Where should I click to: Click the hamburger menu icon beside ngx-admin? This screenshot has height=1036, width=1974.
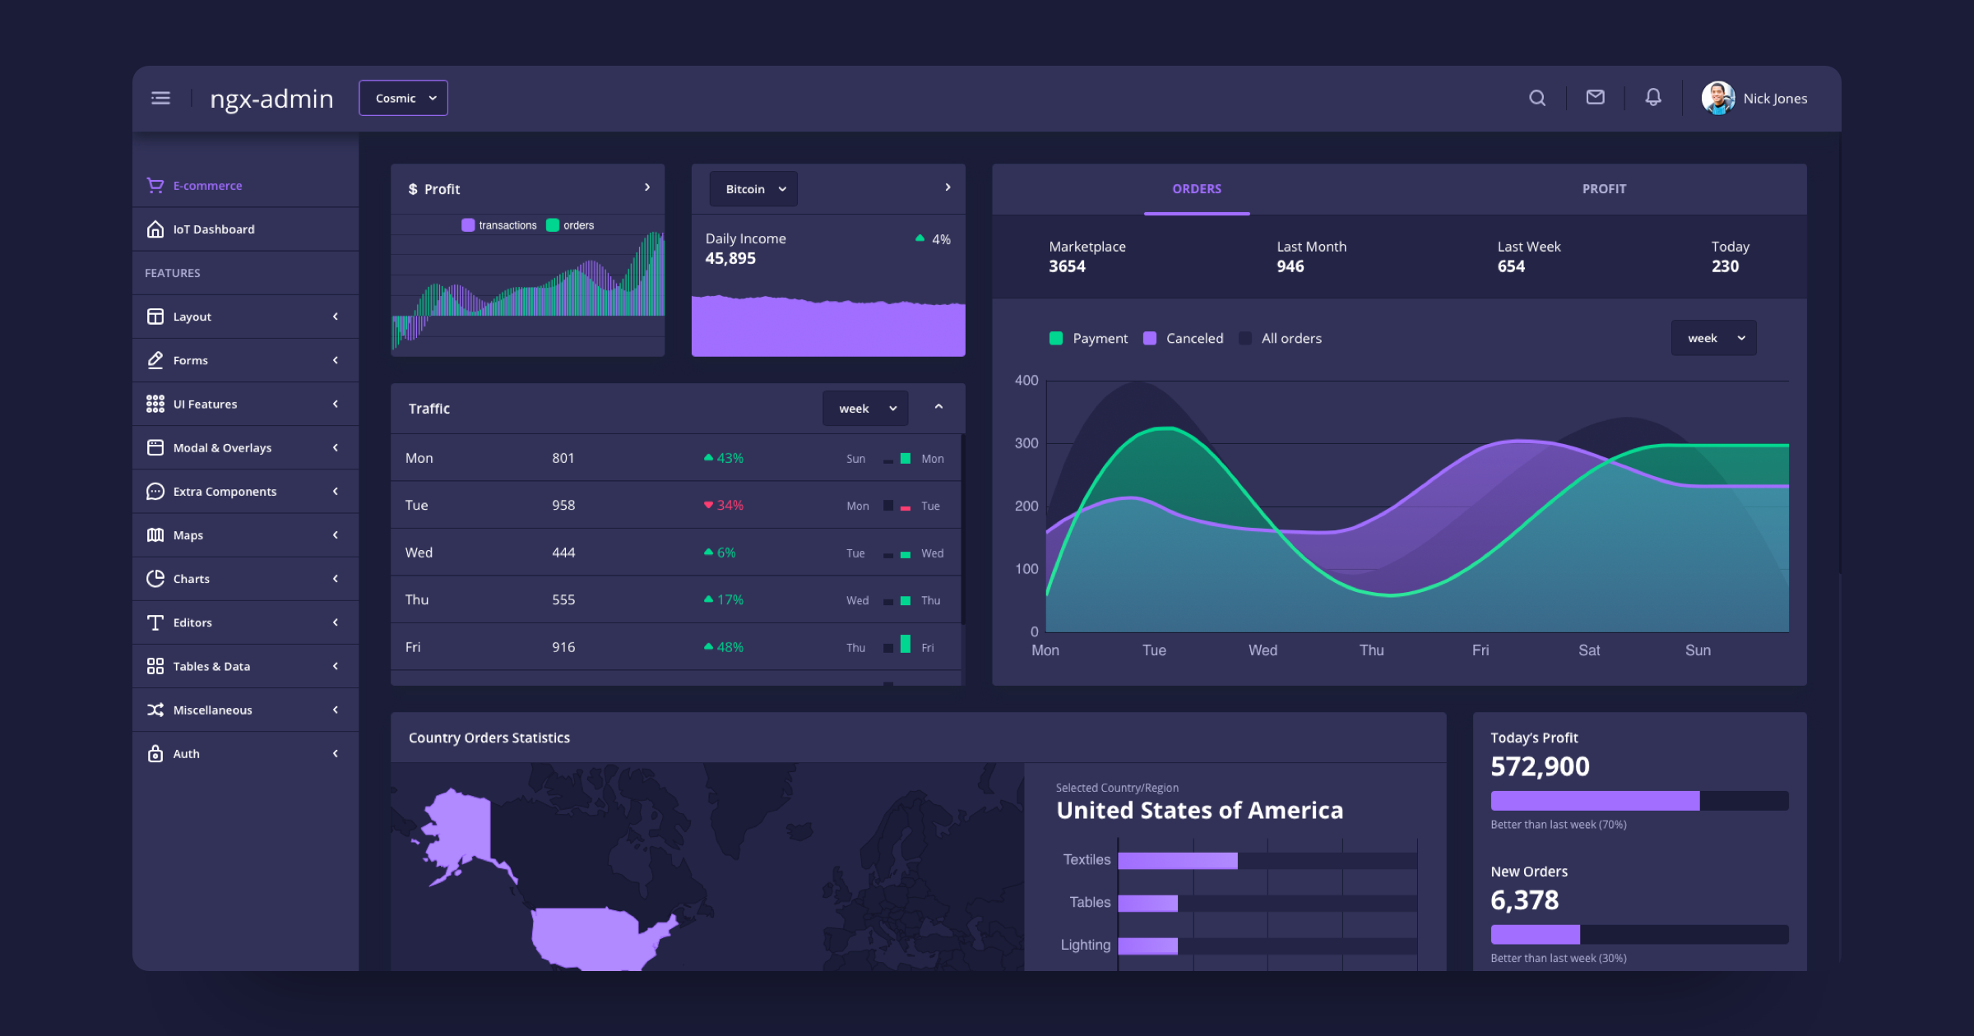coord(160,99)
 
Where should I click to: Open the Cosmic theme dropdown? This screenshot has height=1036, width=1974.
coord(403,99)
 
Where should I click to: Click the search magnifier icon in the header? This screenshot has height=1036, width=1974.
coord(1536,99)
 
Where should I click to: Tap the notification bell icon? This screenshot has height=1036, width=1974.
coord(1652,98)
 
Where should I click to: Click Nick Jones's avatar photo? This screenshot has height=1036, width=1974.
coord(1717,99)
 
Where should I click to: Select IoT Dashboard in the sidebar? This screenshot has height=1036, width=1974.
coord(213,229)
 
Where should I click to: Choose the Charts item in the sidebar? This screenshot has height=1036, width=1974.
coord(191,579)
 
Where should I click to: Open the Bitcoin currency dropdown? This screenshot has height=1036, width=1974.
coord(753,189)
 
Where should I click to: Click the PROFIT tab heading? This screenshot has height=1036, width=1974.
coord(1604,189)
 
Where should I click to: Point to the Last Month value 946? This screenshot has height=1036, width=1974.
coord(1290,266)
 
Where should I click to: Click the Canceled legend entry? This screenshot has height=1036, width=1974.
coord(1184,339)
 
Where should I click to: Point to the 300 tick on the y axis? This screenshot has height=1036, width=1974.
coord(1026,443)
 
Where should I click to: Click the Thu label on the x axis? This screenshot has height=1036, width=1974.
coord(1371,650)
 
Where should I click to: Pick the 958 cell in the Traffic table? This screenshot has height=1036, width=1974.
coord(563,505)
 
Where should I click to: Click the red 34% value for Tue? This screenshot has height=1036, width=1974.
coord(730,505)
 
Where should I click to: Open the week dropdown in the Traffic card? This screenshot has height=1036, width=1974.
coord(865,409)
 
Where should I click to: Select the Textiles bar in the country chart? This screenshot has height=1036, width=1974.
coord(1177,860)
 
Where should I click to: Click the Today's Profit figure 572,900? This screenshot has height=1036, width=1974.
coord(1540,766)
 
